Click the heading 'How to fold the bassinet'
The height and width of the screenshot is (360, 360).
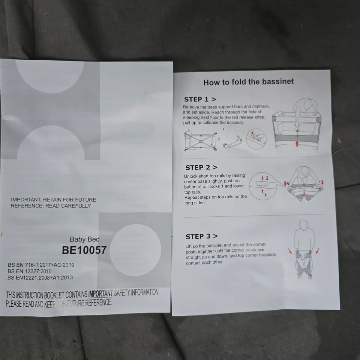248,82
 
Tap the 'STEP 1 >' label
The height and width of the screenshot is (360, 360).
200,99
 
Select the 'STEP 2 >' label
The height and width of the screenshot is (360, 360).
201,168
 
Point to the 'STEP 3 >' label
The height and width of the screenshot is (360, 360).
201,236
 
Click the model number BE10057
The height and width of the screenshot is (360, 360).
84,250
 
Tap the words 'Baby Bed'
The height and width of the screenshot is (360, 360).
84,239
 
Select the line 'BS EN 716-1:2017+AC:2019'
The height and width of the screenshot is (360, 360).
41,265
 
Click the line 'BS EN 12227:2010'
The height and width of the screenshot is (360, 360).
30,271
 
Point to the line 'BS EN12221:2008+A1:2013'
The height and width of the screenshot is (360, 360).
40,277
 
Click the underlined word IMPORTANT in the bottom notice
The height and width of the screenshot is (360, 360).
100,294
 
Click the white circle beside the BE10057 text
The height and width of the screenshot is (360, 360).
135,250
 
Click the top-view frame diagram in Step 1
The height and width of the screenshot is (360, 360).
201,141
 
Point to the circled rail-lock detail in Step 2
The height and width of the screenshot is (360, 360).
262,185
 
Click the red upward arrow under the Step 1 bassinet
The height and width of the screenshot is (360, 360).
297,143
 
